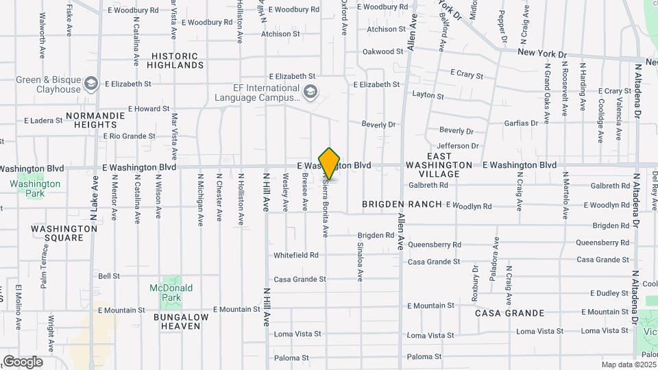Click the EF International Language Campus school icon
click(310, 91)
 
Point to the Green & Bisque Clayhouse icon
click(91, 84)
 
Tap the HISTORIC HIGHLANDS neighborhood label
click(178, 60)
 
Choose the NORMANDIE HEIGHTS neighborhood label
click(96, 120)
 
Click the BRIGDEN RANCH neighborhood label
click(402, 205)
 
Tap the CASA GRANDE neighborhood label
click(510, 313)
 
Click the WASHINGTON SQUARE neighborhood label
click(64, 233)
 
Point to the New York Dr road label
click(542, 53)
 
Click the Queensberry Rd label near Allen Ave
click(435, 245)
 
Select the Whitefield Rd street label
click(296, 255)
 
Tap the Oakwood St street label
click(382, 51)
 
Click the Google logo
click(23, 362)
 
